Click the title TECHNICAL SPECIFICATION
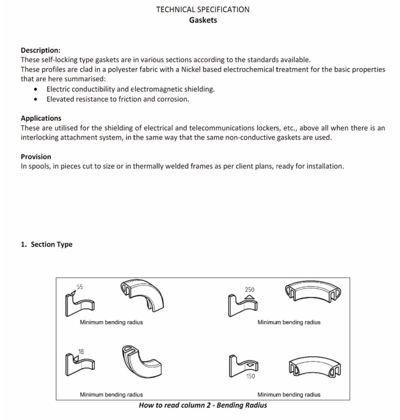pos(203,9)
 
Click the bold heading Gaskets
pos(203,20)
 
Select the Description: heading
pos(40,50)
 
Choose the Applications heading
pos(41,118)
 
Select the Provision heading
pos(36,156)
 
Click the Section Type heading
pos(47,244)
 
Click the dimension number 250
pos(249,289)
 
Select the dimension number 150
pos(250,376)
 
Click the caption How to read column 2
pos(203,405)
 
